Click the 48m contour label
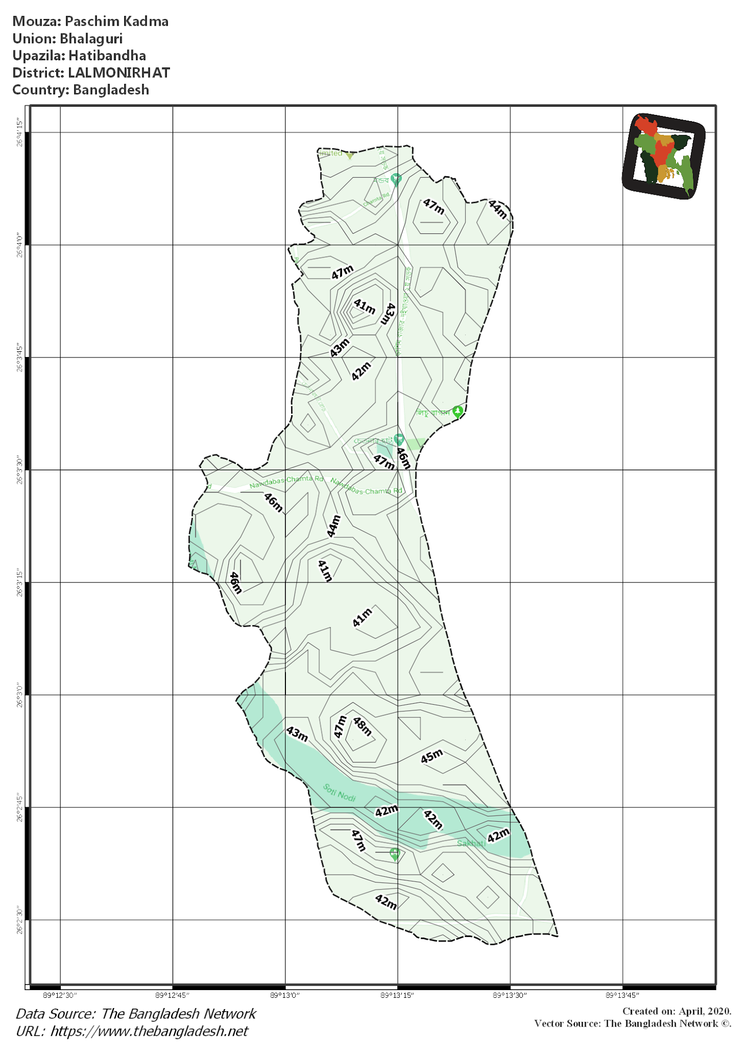[x=362, y=726]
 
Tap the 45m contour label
[x=432, y=756]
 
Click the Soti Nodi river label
[x=340, y=792]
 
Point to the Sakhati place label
[x=471, y=843]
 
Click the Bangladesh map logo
[x=664, y=156]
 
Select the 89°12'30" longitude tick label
[x=60, y=995]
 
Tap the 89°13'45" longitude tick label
[x=622, y=995]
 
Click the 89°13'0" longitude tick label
[x=285, y=995]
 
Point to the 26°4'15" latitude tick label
[x=20, y=133]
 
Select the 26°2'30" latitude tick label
[x=20, y=920]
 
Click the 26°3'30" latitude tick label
[x=20, y=470]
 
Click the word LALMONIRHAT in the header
[x=119, y=73]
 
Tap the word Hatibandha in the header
[x=107, y=56]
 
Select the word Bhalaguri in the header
[x=91, y=39]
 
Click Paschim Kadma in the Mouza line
[x=117, y=22]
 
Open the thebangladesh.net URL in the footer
[x=149, y=1031]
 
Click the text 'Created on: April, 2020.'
[x=676, y=1011]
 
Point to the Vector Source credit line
[x=633, y=1024]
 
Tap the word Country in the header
[x=40, y=90]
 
